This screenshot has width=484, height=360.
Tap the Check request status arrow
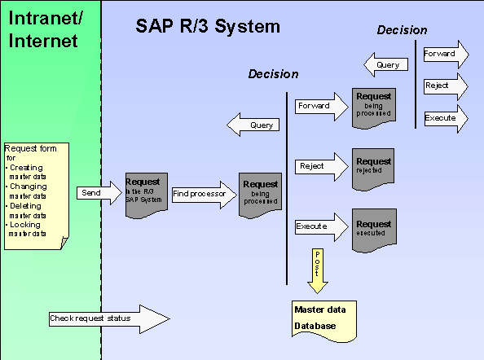pos(106,318)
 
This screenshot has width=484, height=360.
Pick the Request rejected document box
pos(372,167)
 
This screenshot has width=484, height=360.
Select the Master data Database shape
pos(323,319)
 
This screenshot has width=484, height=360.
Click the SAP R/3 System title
pos(207,27)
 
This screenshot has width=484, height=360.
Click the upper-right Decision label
pos(402,30)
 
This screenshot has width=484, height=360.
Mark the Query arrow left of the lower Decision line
pos(254,125)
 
